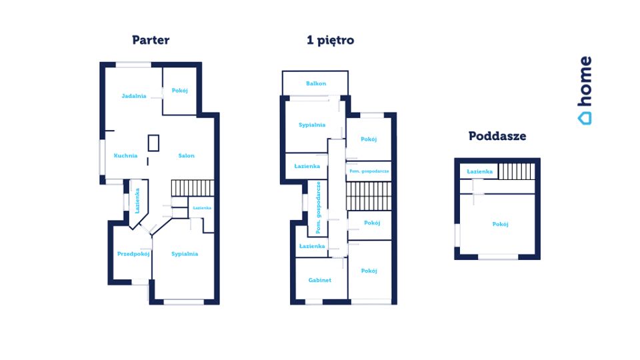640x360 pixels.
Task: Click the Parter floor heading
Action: pyautogui.click(x=151, y=40)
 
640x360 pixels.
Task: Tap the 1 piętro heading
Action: pyautogui.click(x=330, y=41)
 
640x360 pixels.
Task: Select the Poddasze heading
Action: pyautogui.click(x=497, y=136)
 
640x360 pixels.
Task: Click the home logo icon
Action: pyautogui.click(x=585, y=119)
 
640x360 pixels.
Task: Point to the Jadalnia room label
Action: pyautogui.click(x=134, y=96)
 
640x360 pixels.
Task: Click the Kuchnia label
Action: pyautogui.click(x=125, y=155)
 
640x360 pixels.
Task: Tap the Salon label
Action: pyautogui.click(x=186, y=155)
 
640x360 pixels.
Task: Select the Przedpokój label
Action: pyautogui.click(x=133, y=254)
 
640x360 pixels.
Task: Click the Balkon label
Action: pyautogui.click(x=316, y=83)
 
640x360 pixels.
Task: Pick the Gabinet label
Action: pyautogui.click(x=319, y=280)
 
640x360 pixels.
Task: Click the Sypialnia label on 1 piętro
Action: pyautogui.click(x=312, y=125)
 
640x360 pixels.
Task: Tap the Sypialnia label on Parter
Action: pyautogui.click(x=185, y=254)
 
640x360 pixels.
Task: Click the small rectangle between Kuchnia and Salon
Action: pyautogui.click(x=153, y=143)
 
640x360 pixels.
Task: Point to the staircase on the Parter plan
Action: pyautogui.click(x=192, y=188)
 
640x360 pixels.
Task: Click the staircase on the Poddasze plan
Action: pyautogui.click(x=516, y=171)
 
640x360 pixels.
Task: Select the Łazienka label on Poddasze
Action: pyautogui.click(x=479, y=171)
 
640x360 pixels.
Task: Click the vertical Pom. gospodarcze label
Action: pyautogui.click(x=319, y=207)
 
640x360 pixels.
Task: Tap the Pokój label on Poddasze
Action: pyautogui.click(x=500, y=224)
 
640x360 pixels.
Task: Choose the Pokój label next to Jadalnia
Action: pyautogui.click(x=179, y=91)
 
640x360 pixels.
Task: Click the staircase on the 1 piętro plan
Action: pyautogui.click(x=369, y=196)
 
